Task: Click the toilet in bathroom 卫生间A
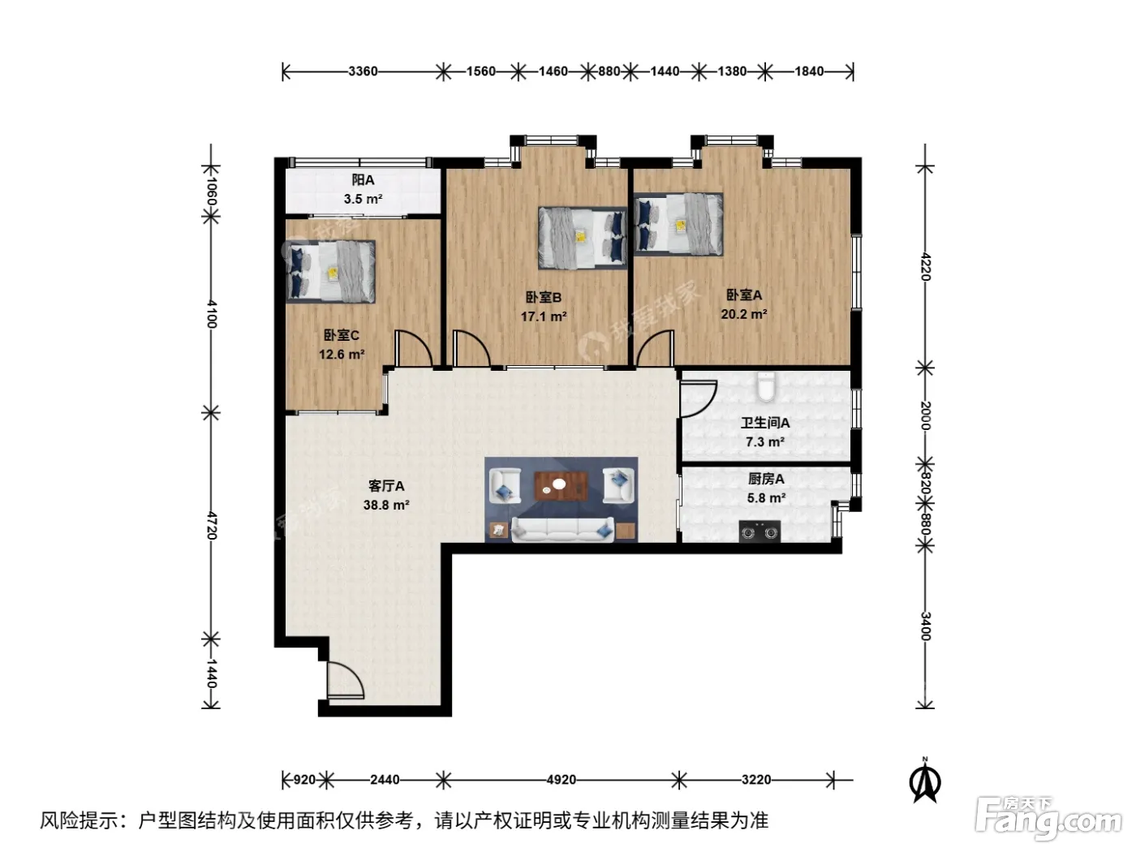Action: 765,386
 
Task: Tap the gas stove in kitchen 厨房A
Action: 759,531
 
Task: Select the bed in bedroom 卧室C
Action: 331,271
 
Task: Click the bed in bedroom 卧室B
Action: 583,238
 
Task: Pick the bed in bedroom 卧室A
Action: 678,225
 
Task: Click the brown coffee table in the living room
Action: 561,486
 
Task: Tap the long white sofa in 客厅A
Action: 562,529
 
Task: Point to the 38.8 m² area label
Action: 386,505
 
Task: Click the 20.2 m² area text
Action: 744,314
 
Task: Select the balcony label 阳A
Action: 363,180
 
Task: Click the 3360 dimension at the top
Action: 363,71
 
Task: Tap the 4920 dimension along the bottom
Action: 561,779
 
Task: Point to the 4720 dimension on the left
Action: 211,526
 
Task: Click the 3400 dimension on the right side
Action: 925,626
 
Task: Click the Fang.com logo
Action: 1048,819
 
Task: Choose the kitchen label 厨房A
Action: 766,479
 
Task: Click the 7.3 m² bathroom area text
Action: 765,441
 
